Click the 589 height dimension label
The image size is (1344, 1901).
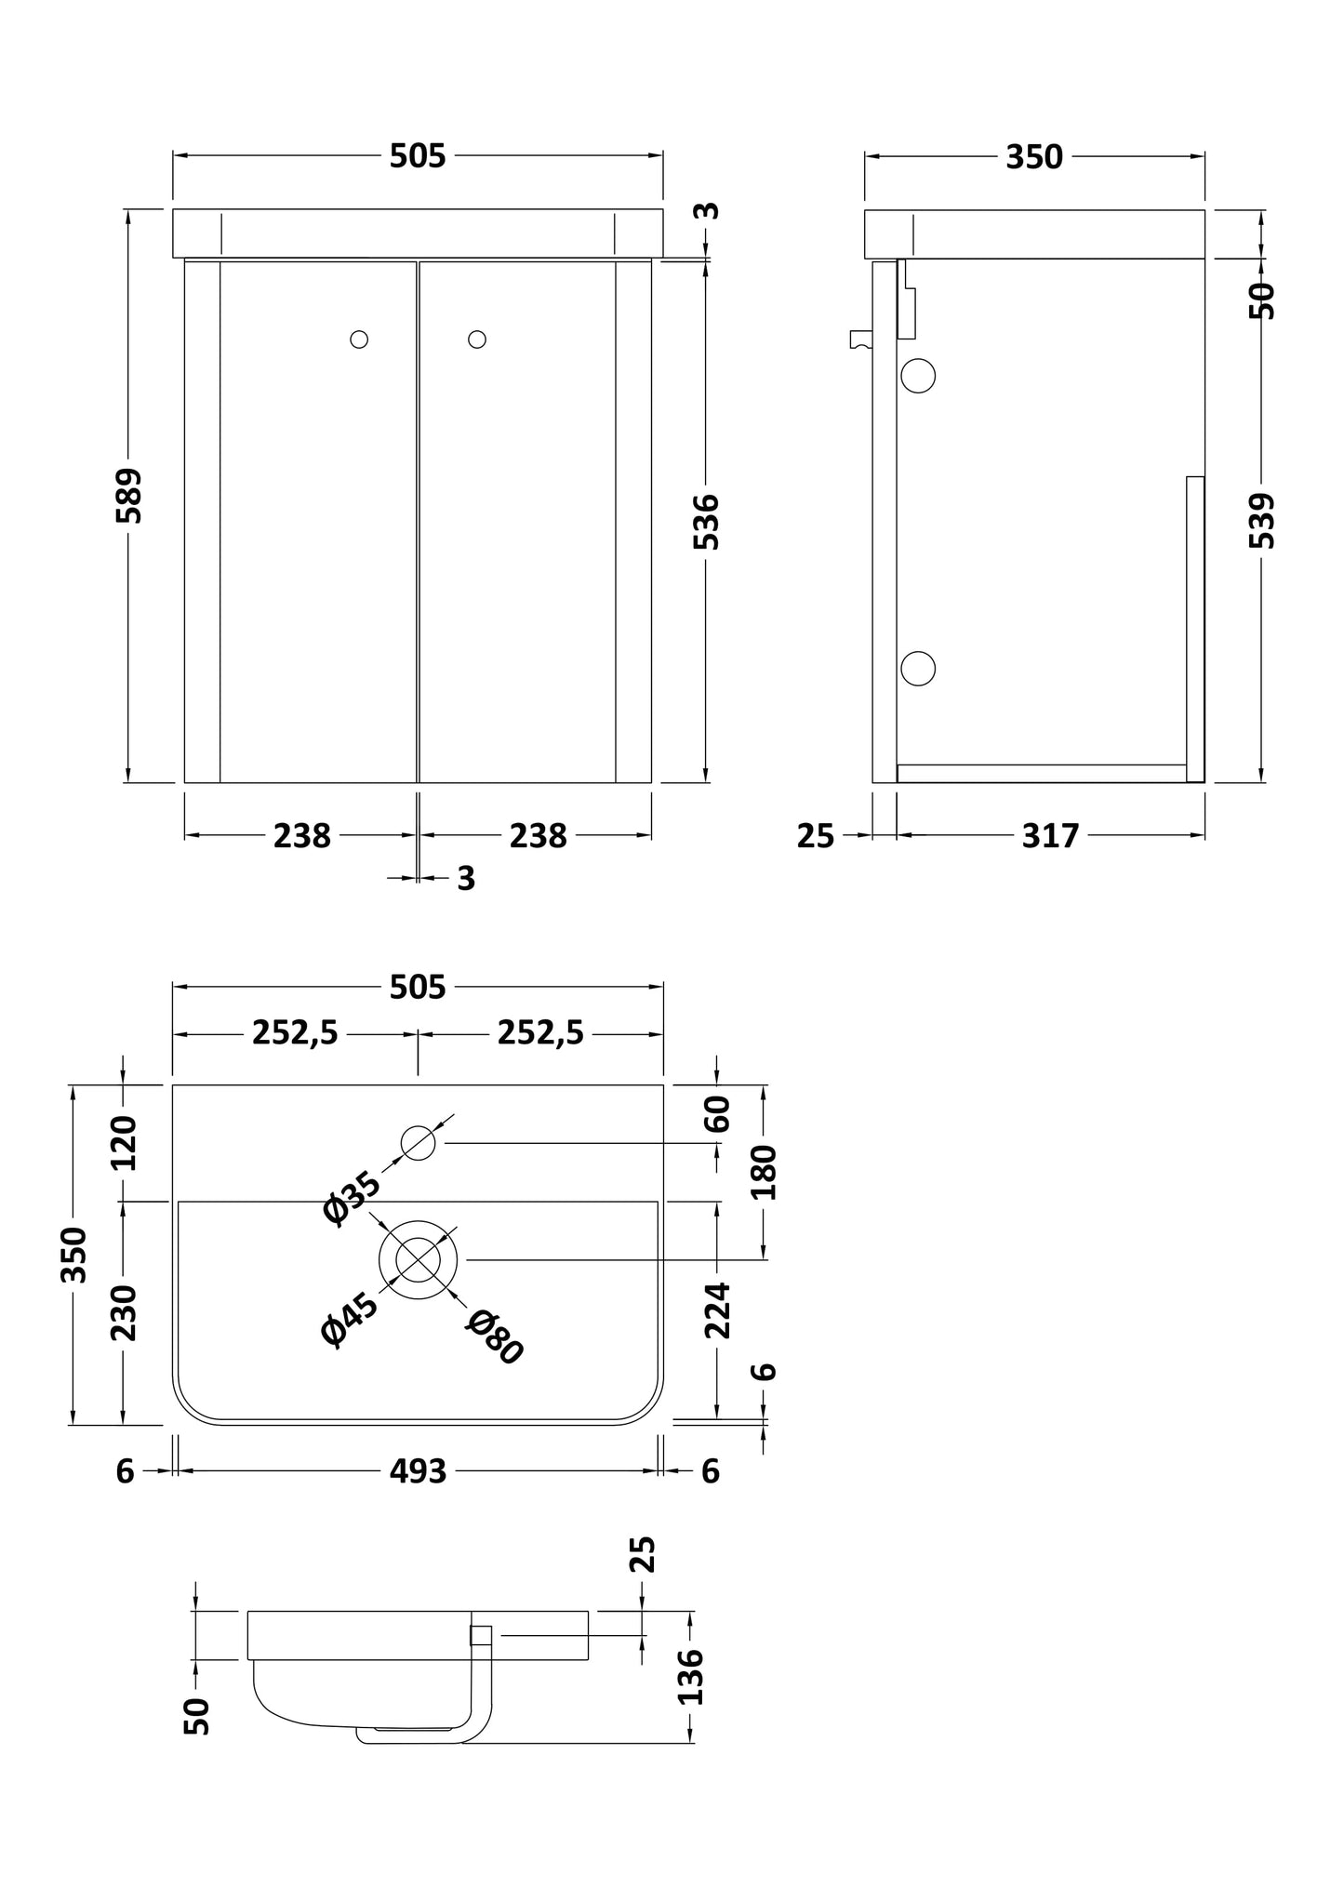pyautogui.click(x=129, y=496)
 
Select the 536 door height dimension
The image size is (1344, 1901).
pyautogui.click(x=707, y=522)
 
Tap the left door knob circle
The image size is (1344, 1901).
pyautogui.click(x=359, y=339)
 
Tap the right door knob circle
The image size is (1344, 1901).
pyautogui.click(x=477, y=339)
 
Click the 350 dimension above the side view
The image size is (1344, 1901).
pyautogui.click(x=1033, y=157)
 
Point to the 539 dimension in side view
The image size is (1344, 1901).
pyautogui.click(x=1262, y=521)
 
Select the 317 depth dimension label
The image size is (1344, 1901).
pyautogui.click(x=1050, y=836)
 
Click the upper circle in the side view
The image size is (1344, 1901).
pyautogui.click(x=918, y=376)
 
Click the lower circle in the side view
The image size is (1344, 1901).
pyautogui.click(x=918, y=669)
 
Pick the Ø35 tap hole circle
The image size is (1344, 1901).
pyautogui.click(x=419, y=1142)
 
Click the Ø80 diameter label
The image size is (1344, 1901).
pyautogui.click(x=495, y=1338)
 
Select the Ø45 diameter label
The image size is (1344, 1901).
pyautogui.click(x=349, y=1319)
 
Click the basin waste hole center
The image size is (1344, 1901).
pyautogui.click(x=419, y=1259)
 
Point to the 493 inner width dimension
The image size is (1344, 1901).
pyautogui.click(x=419, y=1471)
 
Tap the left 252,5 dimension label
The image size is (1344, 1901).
pyautogui.click(x=295, y=1032)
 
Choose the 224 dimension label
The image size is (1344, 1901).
pyautogui.click(x=717, y=1310)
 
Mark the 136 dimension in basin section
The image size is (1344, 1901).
pyautogui.click(x=690, y=1676)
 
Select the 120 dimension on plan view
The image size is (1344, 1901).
pyautogui.click(x=124, y=1142)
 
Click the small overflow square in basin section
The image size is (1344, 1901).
pyautogui.click(x=481, y=1634)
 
